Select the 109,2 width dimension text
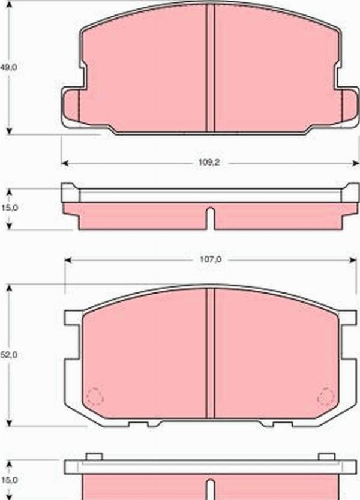click(207, 163)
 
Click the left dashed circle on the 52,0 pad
click(95, 397)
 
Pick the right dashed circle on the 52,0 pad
click(326, 396)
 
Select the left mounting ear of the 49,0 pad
click(71, 107)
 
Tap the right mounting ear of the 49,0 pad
click(349, 107)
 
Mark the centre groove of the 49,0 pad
click(210, 69)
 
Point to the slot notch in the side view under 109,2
click(210, 217)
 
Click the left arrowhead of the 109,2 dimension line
click(64, 163)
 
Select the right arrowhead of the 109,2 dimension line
click(356, 163)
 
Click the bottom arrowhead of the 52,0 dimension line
click(9, 421)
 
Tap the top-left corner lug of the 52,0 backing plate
click(72, 318)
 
